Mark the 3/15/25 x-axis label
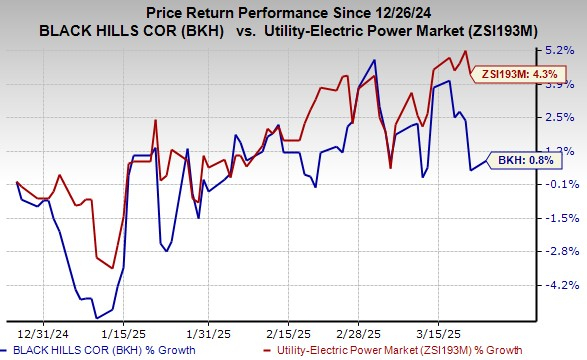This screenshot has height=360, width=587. (440, 328)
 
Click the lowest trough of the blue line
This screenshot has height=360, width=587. (97, 317)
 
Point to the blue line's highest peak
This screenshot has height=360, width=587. (374, 59)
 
